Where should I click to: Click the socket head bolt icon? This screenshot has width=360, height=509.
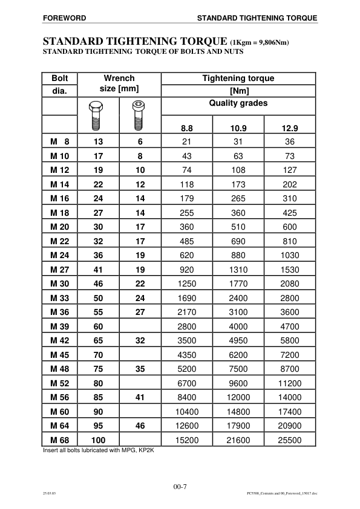pos(139,117)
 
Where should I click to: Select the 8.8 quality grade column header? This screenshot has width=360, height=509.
pos(187,128)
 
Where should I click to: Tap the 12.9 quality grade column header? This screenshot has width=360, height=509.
pos(290,128)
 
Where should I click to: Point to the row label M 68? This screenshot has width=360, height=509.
pos(61,440)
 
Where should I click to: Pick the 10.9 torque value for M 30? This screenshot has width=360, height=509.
pos(238,301)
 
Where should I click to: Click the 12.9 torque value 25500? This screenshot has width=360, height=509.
pos(290,440)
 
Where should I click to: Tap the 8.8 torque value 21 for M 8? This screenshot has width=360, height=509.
pos(187,142)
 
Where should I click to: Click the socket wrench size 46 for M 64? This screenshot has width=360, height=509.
pos(140,427)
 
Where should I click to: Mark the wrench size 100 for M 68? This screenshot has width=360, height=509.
pos(97,440)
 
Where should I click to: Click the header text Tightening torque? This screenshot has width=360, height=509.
pos(238,78)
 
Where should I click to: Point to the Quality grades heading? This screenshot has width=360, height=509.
pos(238,103)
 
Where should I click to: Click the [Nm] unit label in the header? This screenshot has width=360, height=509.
pos(238,91)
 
